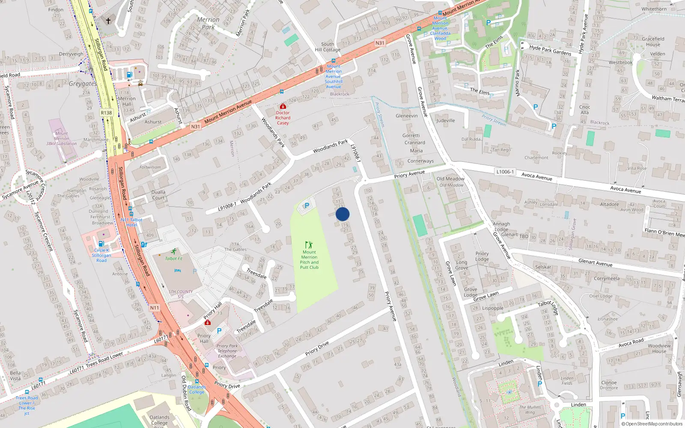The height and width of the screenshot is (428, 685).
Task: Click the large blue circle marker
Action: point(342,214)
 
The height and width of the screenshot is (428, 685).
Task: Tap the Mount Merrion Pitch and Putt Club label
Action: point(309,260)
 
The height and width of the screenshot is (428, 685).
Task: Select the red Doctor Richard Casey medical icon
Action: point(283,106)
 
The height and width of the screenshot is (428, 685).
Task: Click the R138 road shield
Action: point(106,113)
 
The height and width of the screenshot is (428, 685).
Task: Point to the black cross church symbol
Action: point(108,21)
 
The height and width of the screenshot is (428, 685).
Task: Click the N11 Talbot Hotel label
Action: point(131,222)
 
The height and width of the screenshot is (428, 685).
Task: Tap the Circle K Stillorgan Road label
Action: point(101,255)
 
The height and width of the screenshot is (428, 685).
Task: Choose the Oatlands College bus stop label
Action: point(197,389)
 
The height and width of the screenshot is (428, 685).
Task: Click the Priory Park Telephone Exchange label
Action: point(227,351)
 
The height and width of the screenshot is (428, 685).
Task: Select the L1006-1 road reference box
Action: point(505,172)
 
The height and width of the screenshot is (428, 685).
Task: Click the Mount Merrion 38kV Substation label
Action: point(61,139)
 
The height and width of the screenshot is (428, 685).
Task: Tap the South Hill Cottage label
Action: point(328,47)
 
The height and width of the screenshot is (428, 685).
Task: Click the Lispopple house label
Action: point(493,308)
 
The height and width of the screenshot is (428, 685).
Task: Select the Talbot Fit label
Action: point(174,259)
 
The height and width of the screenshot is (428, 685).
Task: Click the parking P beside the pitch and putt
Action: point(307,206)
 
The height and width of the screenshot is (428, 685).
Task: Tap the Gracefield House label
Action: point(653,42)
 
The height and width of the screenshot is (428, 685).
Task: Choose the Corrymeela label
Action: point(607,279)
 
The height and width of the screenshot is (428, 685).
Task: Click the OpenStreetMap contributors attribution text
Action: point(652,424)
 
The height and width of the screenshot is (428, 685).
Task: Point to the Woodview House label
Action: point(659,348)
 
